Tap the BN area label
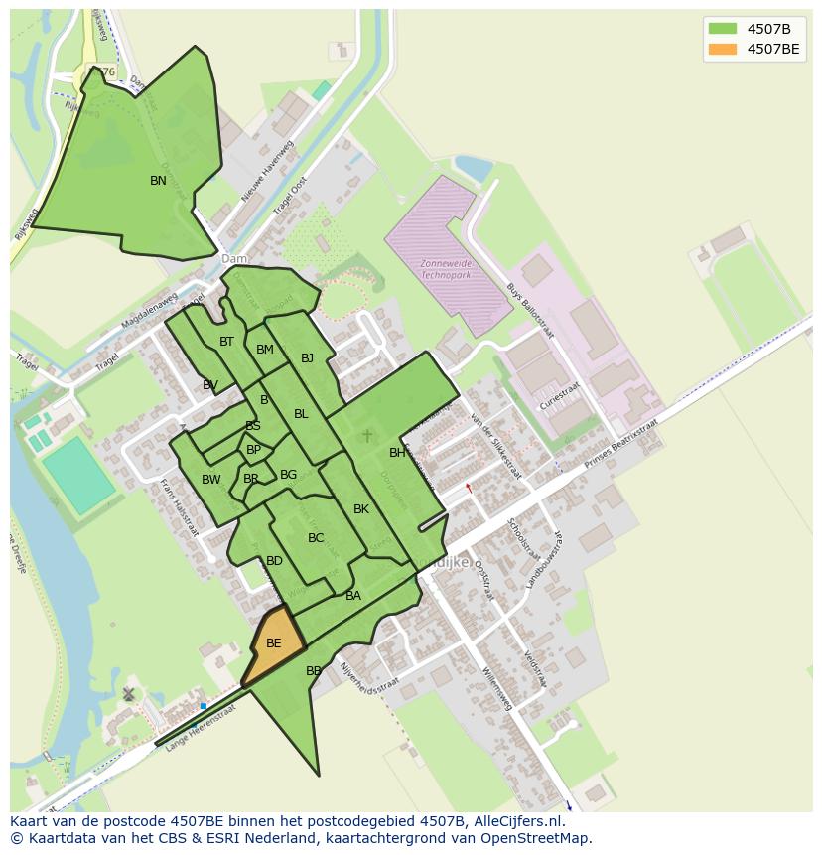[158, 181]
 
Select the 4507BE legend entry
[772, 48]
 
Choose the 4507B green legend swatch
[723, 28]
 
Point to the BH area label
[397, 453]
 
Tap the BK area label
[361, 509]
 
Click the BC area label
[316, 538]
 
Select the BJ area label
[307, 358]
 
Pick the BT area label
[226, 342]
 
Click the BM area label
[264, 350]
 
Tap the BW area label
[210, 480]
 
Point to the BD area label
[274, 561]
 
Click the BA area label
[353, 596]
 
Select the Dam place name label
[234, 259]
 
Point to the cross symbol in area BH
[367, 435]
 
